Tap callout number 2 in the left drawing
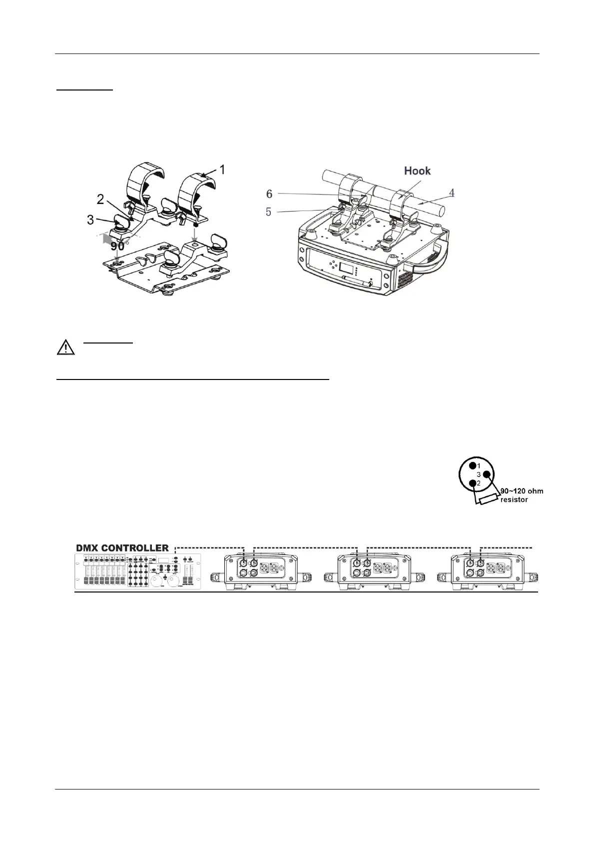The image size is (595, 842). (x=100, y=199)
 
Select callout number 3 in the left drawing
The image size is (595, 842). (x=90, y=219)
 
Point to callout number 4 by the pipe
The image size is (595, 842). (x=452, y=192)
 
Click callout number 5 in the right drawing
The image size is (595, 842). (x=269, y=212)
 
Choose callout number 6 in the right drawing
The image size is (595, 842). (x=269, y=193)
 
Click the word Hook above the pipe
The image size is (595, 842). (x=417, y=171)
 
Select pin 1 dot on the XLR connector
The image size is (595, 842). (x=471, y=465)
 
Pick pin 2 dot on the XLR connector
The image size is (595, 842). (x=472, y=483)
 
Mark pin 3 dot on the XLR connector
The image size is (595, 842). (x=487, y=474)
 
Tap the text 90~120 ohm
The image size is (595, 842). (x=522, y=491)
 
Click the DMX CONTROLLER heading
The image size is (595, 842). (x=122, y=548)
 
